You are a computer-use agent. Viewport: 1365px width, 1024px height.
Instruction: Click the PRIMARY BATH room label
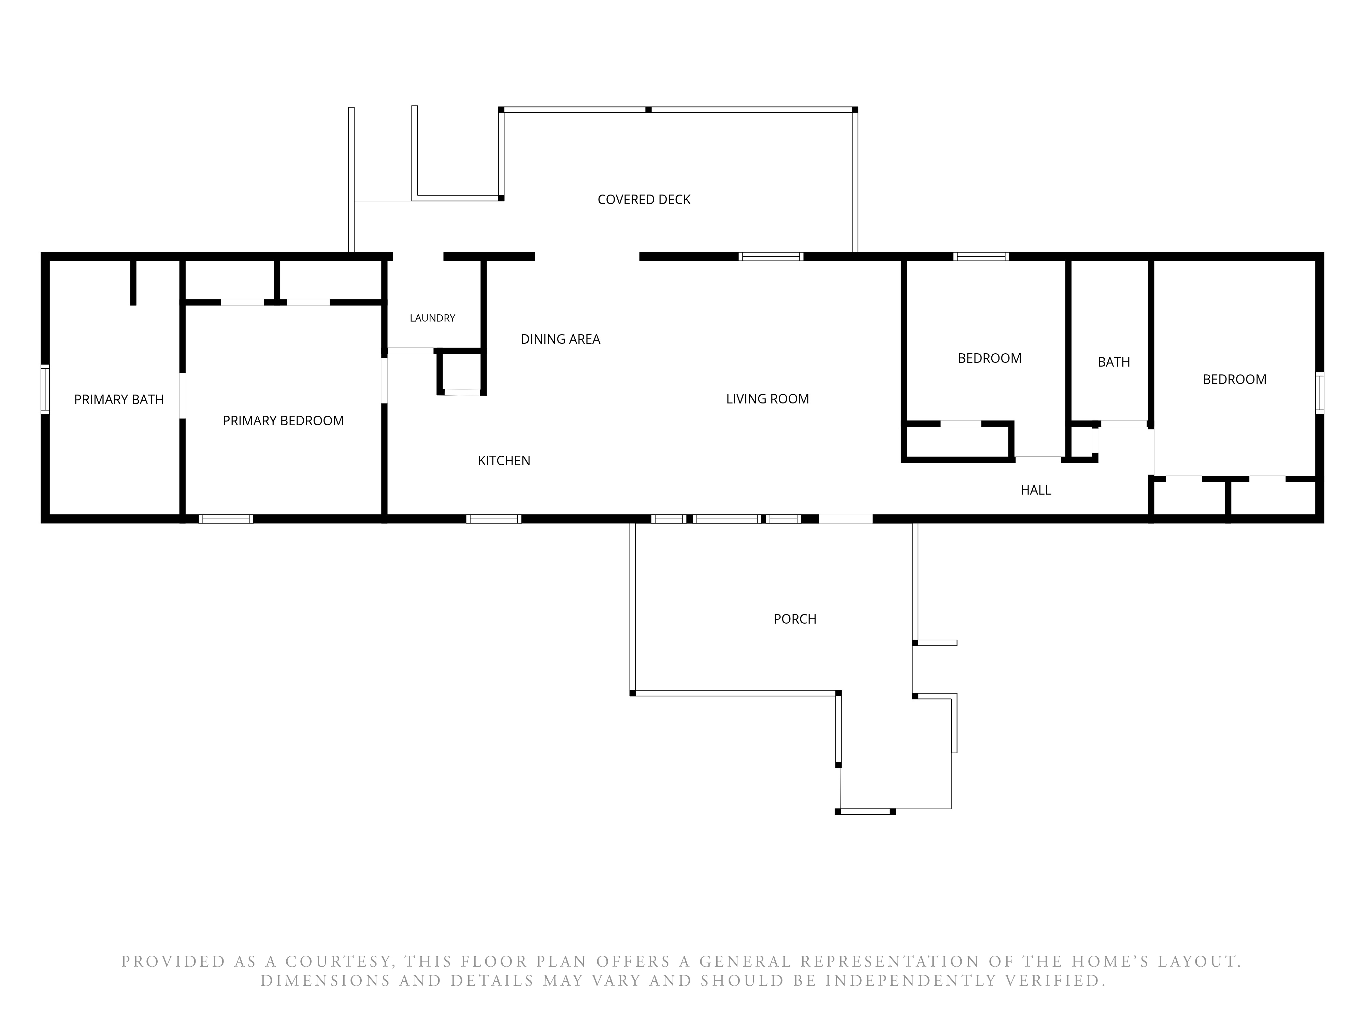(x=119, y=399)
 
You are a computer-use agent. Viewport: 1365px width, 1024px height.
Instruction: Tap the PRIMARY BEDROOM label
(x=283, y=420)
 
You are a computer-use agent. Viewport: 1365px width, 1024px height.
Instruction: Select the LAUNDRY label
(x=433, y=318)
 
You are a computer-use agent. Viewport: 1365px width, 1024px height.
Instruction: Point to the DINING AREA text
(x=560, y=339)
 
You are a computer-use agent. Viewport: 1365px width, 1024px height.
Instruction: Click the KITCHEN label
(x=504, y=460)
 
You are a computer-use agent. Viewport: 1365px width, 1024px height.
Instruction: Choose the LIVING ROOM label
(x=768, y=399)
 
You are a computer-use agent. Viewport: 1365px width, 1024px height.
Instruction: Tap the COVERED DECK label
(x=644, y=199)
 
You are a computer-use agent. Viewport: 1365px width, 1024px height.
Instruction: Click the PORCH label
(x=795, y=618)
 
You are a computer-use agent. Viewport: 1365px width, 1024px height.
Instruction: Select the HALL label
(x=1036, y=490)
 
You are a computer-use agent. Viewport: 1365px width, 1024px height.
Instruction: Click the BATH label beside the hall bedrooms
(x=1114, y=362)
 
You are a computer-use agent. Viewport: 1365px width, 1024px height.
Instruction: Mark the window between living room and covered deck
(x=771, y=256)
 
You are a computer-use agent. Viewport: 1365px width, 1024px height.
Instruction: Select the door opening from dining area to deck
(x=587, y=256)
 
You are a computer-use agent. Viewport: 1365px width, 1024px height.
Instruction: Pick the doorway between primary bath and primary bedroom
(x=183, y=395)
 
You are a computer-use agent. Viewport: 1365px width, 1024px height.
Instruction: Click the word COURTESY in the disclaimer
(x=338, y=962)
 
